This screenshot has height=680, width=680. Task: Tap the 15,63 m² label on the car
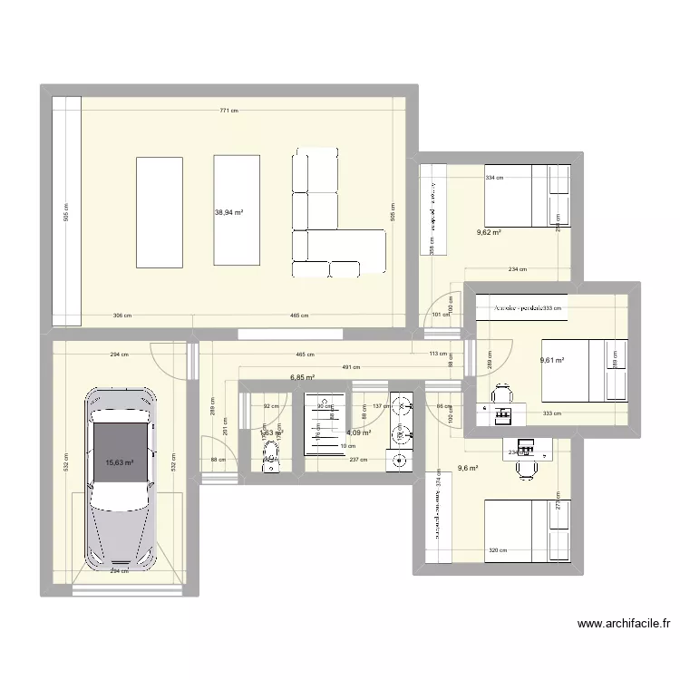[x=120, y=462]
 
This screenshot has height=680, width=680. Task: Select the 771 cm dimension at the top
[x=228, y=111]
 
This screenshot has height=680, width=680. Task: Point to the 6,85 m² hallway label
[x=302, y=377]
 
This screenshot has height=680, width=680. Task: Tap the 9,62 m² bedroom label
[x=490, y=232]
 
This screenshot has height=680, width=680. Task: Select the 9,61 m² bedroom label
[x=552, y=360]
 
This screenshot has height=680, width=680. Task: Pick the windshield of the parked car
[x=120, y=494]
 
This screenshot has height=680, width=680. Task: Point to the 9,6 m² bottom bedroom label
[x=467, y=468]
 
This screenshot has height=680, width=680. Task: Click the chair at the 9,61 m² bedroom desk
[x=501, y=395]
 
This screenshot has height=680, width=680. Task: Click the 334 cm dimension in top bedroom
[x=495, y=179]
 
